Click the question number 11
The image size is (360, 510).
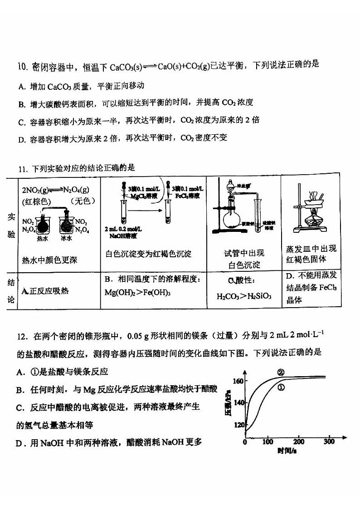click(23, 169)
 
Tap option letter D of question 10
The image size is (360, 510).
click(21, 139)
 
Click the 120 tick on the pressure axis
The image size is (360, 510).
click(238, 425)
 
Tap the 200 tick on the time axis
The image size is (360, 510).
click(299, 441)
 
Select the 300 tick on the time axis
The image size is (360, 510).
click(329, 441)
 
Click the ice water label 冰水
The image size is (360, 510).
click(67, 238)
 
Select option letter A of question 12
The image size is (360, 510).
click(20, 372)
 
